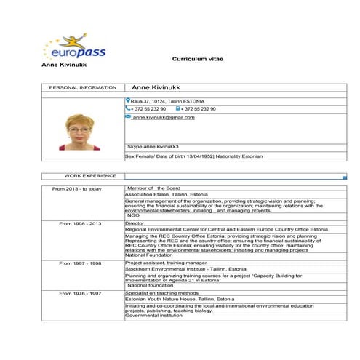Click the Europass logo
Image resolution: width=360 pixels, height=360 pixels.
click(70, 49)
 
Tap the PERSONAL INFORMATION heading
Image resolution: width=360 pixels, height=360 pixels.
click(82, 87)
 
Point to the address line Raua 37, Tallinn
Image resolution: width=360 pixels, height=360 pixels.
click(168, 101)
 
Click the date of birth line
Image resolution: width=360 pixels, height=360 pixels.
click(193, 156)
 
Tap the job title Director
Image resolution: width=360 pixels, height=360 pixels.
click(135, 223)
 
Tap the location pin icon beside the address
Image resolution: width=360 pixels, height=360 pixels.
click(128, 100)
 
